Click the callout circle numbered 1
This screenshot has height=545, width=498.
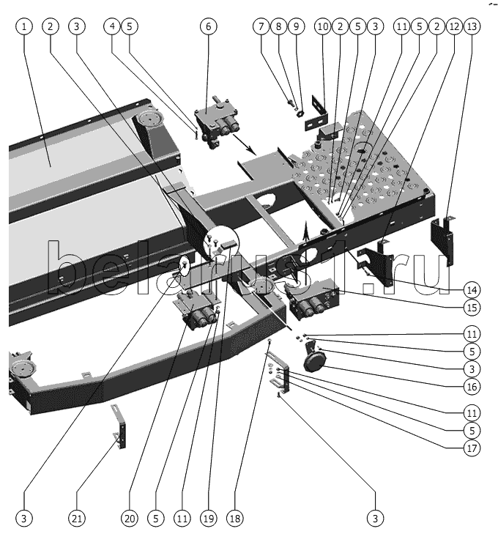26,26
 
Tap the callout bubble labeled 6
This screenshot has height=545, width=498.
208,26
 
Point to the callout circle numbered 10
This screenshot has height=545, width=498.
322,26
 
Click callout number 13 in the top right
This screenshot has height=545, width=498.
472,26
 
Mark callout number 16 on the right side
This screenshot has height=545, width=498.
472,386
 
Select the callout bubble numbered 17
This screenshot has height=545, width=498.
472,448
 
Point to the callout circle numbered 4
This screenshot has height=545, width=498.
113,26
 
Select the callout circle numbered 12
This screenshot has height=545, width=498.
454,26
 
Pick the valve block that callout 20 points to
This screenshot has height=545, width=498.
196,311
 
